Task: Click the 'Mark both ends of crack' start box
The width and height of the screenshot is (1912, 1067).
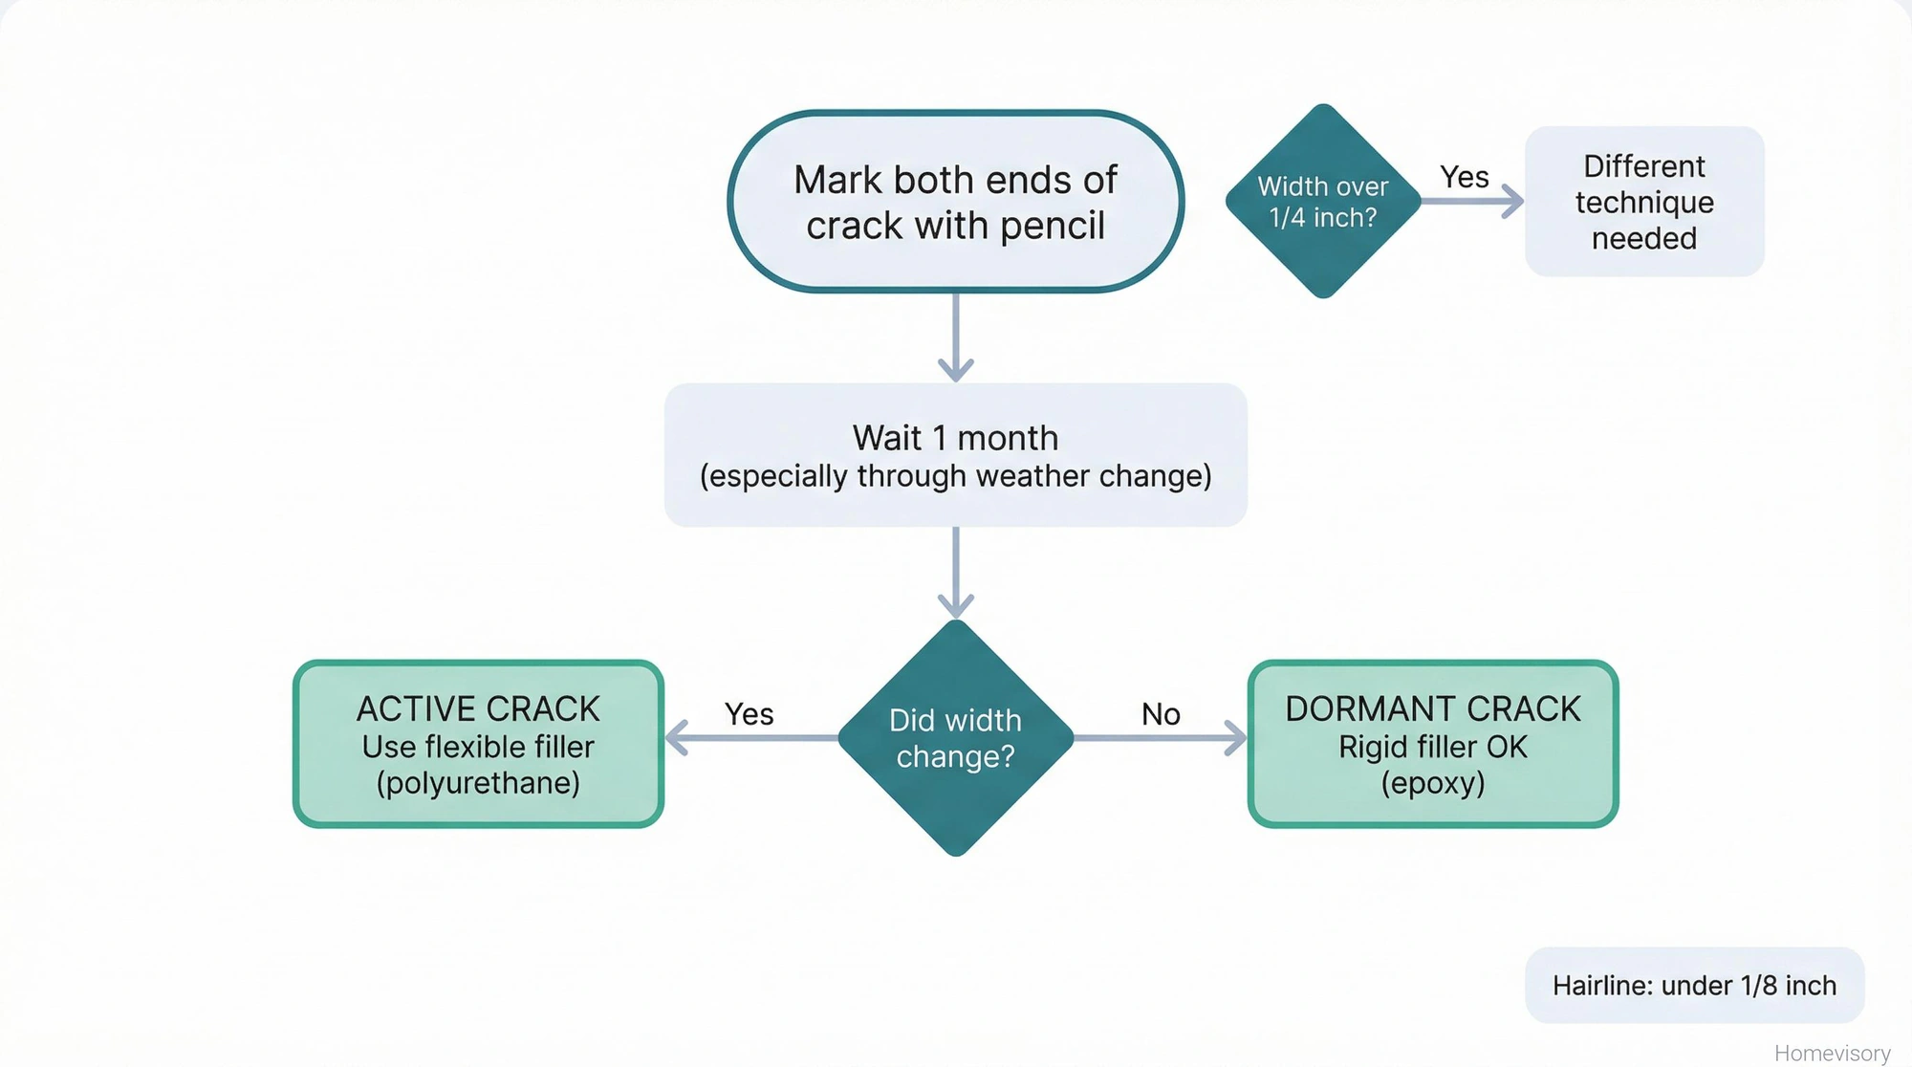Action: pos(955,202)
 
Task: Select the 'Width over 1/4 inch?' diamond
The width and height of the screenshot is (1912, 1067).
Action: pos(1323,202)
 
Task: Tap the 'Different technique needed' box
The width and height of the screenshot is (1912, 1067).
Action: pos(1644,202)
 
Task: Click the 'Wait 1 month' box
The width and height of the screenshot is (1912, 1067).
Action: pos(955,455)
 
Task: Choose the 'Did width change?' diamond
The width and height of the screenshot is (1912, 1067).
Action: pos(955,738)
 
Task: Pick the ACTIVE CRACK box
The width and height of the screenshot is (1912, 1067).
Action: pos(478,744)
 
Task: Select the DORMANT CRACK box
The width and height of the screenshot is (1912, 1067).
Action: pos(1432,744)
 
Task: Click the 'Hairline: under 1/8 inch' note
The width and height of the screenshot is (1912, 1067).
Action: pos(1694,986)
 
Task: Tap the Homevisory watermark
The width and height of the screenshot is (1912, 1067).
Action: pos(1832,1053)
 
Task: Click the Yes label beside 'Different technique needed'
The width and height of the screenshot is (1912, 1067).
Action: pos(1464,177)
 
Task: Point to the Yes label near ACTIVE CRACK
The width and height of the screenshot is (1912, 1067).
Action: pos(749,714)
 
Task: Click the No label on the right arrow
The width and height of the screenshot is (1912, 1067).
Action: pos(1161,714)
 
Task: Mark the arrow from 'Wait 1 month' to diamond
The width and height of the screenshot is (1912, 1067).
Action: pos(955,572)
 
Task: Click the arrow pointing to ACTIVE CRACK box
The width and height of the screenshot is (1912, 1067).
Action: pos(750,738)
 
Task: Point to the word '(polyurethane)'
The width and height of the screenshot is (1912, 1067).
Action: pos(478,783)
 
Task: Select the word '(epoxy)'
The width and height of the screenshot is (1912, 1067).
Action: pos(1432,783)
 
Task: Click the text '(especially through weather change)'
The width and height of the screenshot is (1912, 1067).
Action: pos(955,476)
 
